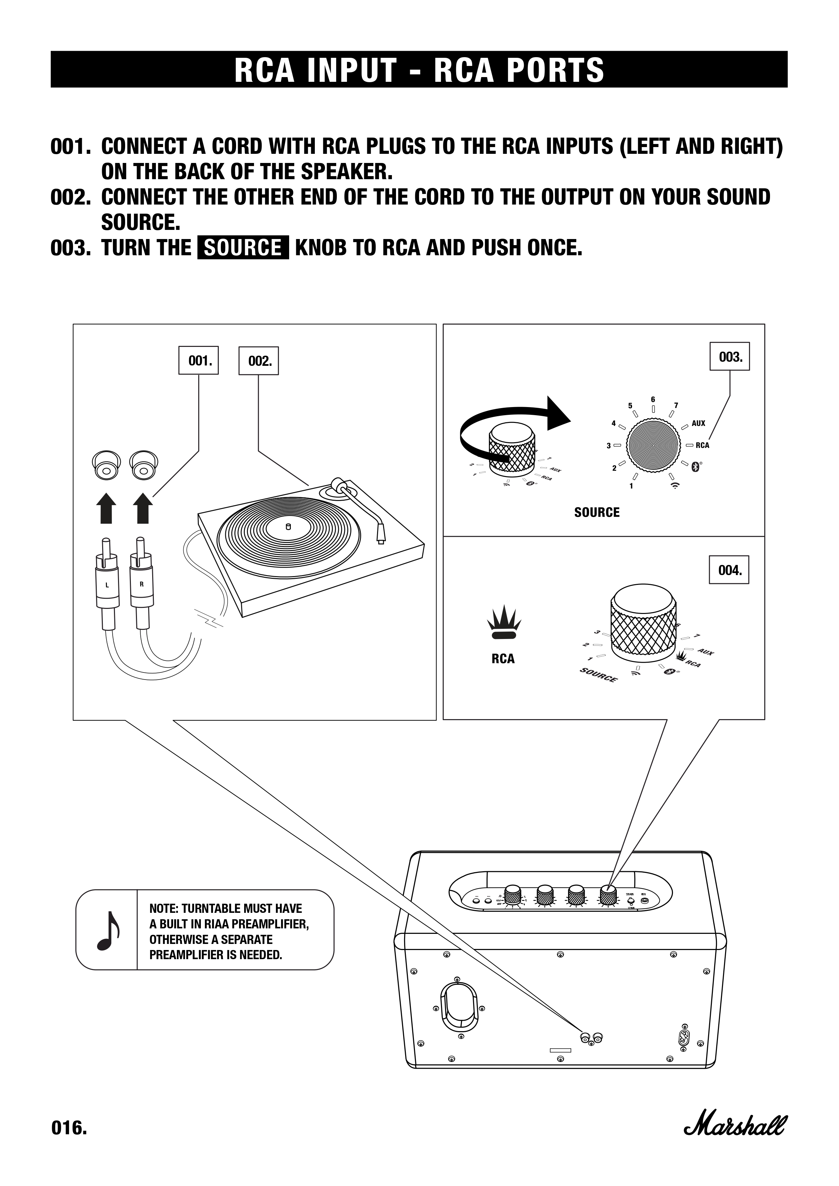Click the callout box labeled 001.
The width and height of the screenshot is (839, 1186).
199,360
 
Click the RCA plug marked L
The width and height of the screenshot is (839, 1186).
107,584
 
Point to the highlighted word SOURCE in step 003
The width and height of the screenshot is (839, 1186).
243,248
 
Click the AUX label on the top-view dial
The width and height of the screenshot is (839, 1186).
698,423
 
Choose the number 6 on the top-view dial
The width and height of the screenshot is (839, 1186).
653,399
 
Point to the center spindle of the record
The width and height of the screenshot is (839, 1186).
288,527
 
